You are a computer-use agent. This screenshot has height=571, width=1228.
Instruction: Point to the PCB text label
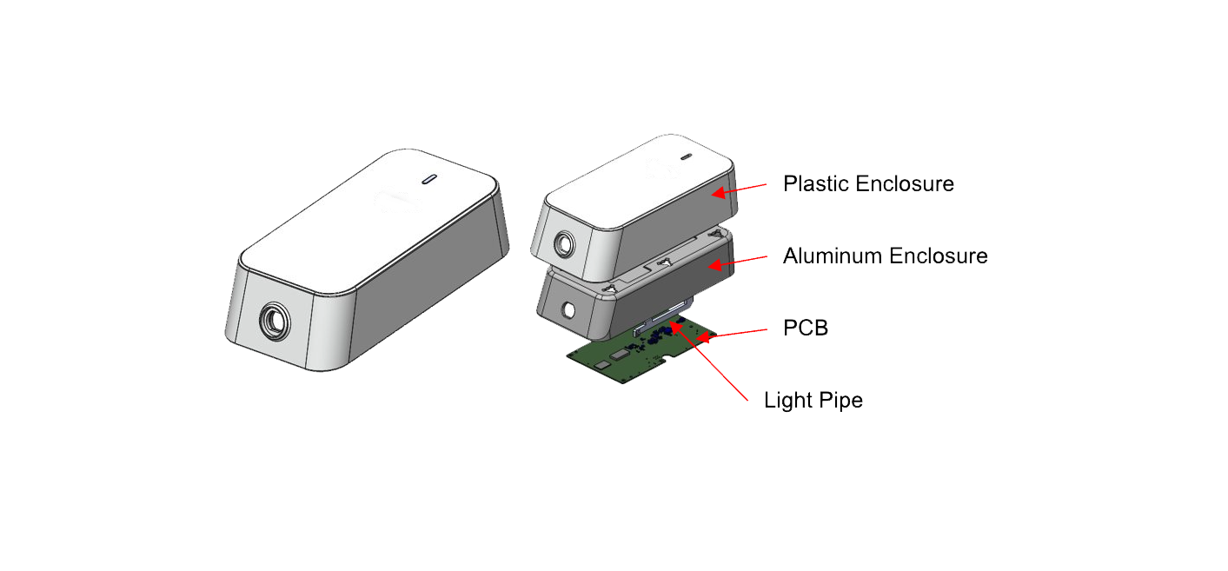[805, 329]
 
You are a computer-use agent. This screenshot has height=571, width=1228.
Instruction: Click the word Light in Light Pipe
[787, 401]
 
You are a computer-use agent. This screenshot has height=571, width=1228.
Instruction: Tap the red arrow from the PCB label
[733, 333]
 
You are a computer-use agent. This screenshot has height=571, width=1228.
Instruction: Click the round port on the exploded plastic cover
[566, 242]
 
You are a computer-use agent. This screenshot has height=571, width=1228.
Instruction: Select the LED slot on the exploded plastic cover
[685, 158]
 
